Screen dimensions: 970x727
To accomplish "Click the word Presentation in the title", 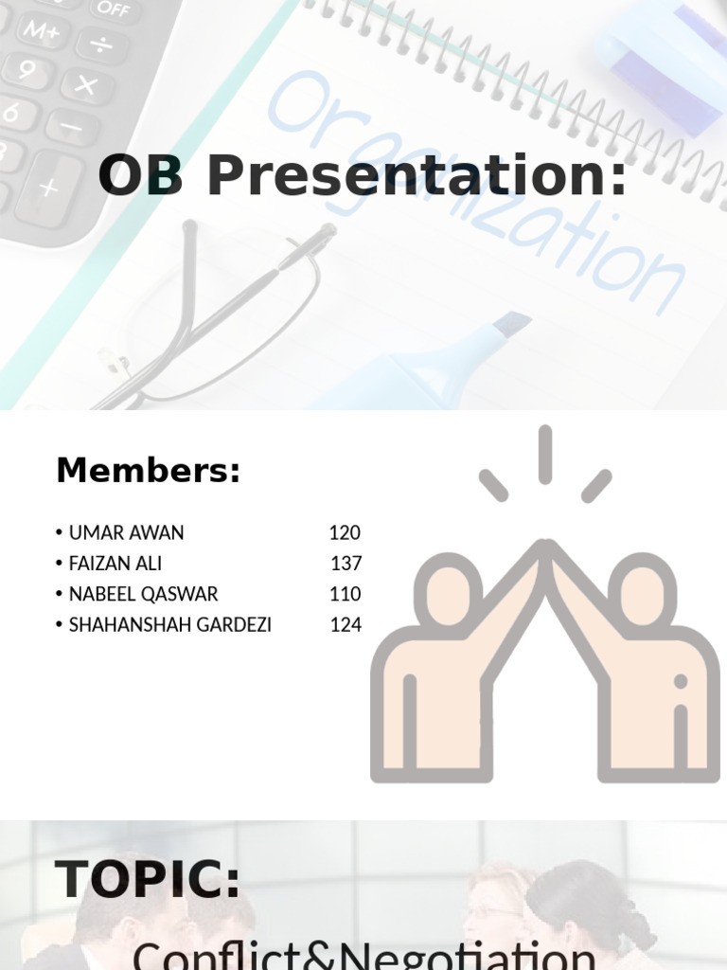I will [x=417, y=176].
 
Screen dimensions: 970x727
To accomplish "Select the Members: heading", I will [x=148, y=470].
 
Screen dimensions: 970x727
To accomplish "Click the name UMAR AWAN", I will [x=126, y=532].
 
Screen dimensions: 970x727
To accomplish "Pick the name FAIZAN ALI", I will [x=115, y=564].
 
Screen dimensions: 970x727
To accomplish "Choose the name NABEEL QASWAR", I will [x=143, y=594].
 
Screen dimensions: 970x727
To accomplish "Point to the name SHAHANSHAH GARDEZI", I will [x=169, y=625].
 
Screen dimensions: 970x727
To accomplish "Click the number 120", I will [x=345, y=532].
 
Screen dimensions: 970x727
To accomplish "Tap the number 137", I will [x=346, y=564].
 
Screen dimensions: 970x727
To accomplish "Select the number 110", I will [x=345, y=594].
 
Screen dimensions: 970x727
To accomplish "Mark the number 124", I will [x=345, y=625].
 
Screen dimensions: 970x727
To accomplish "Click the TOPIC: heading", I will [x=148, y=879].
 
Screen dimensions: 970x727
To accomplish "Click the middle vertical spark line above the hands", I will [x=545, y=455].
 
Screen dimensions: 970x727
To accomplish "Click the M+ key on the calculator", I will [x=42, y=28].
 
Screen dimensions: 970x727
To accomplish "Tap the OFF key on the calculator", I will [x=113, y=9].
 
